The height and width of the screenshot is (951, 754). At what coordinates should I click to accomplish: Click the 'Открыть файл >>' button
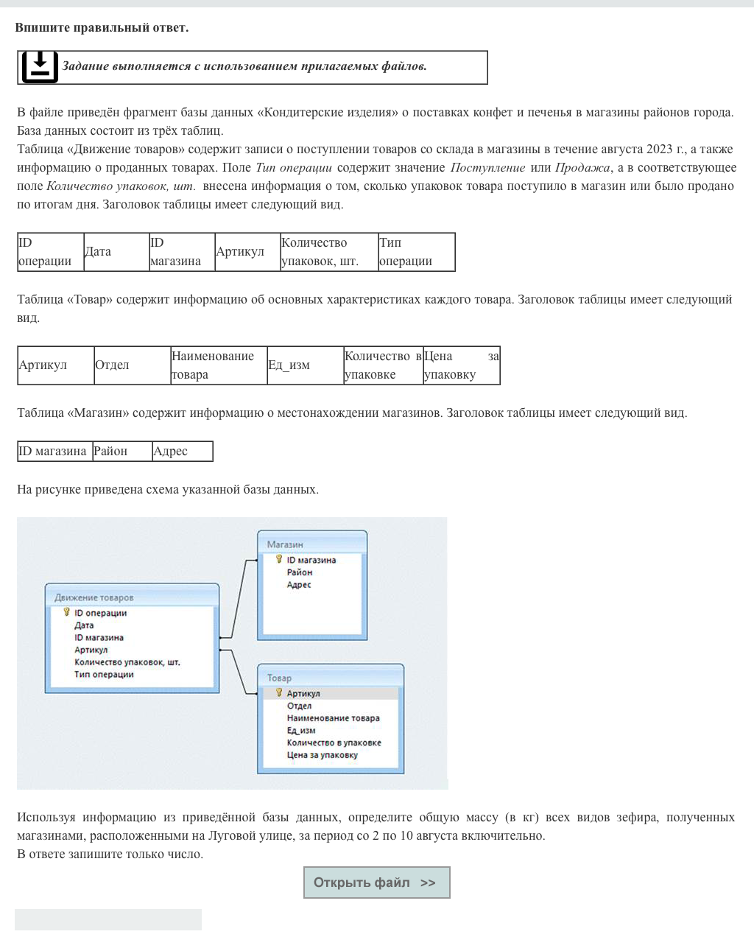pos(376,882)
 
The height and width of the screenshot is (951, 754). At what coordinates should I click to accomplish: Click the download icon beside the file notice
pos(40,67)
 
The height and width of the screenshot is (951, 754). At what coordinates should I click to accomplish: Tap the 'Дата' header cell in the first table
pos(116,252)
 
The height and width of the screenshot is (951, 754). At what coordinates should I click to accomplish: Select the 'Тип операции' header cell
pos(416,252)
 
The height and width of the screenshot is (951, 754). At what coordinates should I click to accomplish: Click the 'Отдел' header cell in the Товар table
pos(132,365)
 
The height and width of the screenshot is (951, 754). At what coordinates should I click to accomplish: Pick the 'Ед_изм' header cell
pos(305,365)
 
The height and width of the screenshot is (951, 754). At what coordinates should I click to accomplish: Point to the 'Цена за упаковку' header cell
pos(461,365)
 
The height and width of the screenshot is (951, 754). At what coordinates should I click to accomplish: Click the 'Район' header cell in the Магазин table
pos(121,452)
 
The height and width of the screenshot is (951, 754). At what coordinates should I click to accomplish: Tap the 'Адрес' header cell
pos(182,452)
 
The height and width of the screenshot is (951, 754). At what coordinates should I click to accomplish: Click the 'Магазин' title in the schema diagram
pos(285,544)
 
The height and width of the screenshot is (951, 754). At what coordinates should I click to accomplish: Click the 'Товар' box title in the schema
pos(279,678)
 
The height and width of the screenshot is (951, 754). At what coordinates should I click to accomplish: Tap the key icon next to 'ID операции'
pos(66,612)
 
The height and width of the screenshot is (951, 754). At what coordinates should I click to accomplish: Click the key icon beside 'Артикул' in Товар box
pos(279,692)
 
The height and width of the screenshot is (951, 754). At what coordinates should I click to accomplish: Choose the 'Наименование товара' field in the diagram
pos(333,718)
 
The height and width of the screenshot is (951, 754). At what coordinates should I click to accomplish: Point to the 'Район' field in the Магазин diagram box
pos(300,572)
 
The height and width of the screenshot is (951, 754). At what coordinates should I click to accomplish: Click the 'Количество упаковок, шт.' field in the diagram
pos(127,662)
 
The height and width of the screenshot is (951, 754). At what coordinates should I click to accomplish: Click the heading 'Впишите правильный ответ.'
pos(102,28)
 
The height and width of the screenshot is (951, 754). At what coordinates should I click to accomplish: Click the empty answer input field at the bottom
pos(108,919)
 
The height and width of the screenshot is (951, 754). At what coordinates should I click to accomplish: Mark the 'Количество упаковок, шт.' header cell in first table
pos(328,252)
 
